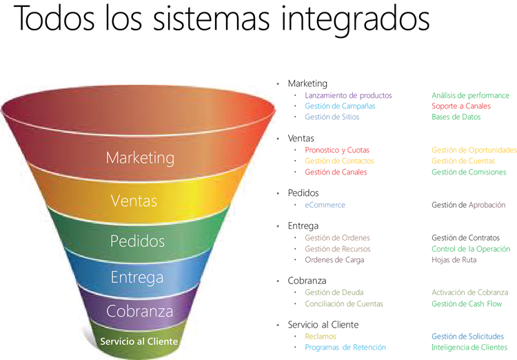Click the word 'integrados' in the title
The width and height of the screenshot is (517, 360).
[355, 19]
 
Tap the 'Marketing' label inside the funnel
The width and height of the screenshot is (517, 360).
[140, 158]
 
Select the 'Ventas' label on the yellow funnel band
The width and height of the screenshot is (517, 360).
[134, 201]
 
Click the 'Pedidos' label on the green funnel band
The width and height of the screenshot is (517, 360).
[137, 241]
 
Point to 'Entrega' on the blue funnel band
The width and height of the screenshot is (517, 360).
[137, 277]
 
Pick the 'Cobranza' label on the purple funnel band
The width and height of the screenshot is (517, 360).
[140, 311]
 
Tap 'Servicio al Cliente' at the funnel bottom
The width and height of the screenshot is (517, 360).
[139, 341]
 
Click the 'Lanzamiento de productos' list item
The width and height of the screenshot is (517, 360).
[348, 95]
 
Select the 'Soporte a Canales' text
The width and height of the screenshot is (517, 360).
[461, 106]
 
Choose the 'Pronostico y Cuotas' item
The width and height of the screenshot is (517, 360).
[337, 150]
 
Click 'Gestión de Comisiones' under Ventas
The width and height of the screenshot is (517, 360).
[469, 172]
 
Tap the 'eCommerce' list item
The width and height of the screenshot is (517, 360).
[325, 205]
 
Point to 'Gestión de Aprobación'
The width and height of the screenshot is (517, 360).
[469, 205]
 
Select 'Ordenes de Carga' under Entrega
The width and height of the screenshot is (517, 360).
[334, 260]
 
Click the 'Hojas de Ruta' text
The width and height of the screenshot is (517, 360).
[454, 260]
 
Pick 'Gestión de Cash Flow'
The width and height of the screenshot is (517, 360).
[467, 304]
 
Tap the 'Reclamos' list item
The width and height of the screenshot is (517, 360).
[321, 337]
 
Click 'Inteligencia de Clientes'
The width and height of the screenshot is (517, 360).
[469, 348]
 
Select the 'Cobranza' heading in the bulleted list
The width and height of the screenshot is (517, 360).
[307, 281]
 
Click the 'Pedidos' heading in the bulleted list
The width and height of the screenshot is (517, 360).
[303, 193]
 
